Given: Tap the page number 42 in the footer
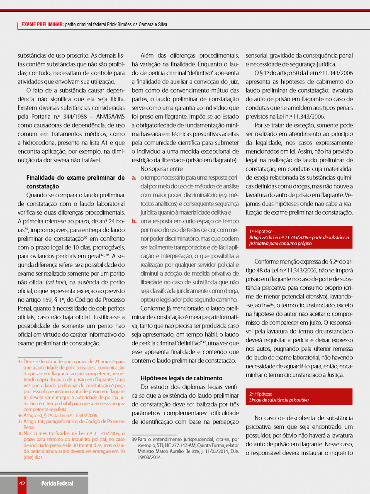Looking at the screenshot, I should [x=22, y=483].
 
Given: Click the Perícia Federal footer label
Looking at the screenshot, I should [x=57, y=483].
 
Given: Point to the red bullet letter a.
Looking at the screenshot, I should [x=134, y=178].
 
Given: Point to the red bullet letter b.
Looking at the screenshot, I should [x=134, y=221].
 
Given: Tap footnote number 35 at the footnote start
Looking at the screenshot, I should [x=20, y=362].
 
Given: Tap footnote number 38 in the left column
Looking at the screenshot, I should [x=20, y=433].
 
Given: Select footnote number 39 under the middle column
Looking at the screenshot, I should [x=134, y=439].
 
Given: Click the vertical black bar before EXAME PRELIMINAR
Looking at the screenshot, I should [x=18, y=25].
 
